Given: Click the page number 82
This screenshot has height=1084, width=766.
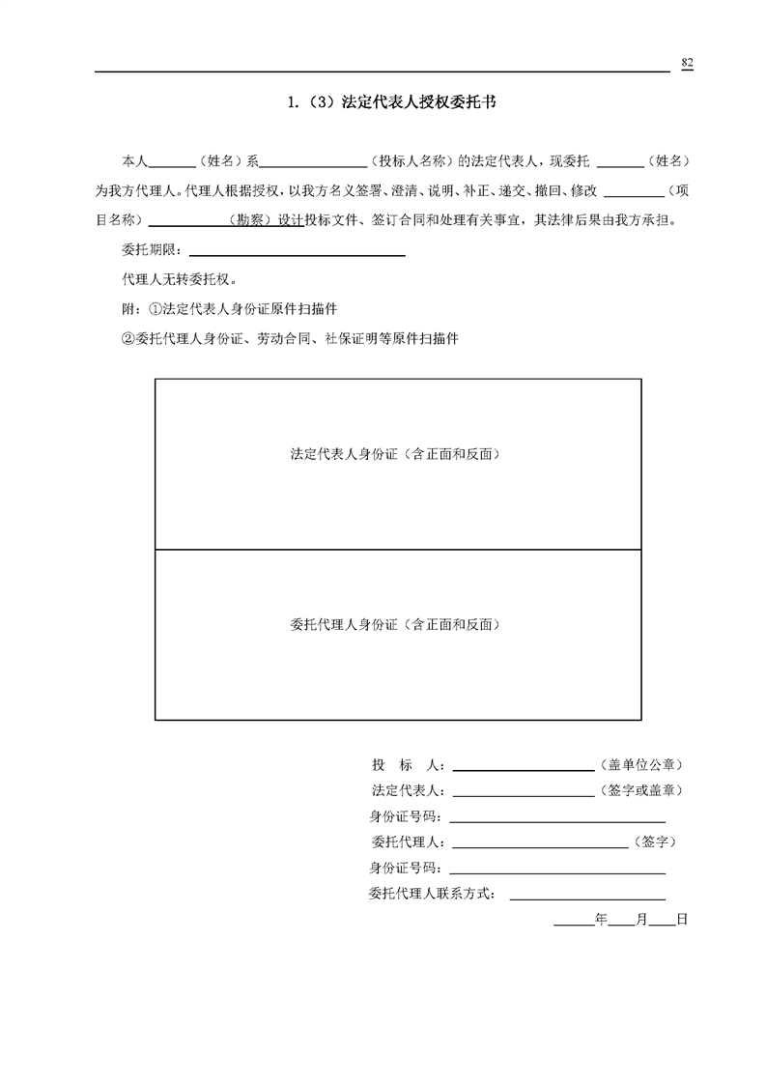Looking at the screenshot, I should click(x=687, y=63).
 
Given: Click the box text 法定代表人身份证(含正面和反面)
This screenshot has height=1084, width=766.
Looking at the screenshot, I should click(x=396, y=453).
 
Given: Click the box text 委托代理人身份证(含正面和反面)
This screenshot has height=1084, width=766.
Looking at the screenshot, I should click(x=396, y=624).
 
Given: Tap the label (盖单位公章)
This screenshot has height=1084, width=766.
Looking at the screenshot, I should click(x=642, y=765).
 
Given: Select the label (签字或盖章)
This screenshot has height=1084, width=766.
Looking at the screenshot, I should click(x=642, y=790).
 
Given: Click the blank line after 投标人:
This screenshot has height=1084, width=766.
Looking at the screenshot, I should click(x=523, y=769).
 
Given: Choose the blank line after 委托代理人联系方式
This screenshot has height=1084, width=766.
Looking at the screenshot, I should click(x=586, y=898).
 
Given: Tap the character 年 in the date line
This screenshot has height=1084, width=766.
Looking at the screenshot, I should click(x=601, y=919).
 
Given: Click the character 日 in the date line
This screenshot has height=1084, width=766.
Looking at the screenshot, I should click(x=681, y=919).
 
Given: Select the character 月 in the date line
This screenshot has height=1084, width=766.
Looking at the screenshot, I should click(x=640, y=919).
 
